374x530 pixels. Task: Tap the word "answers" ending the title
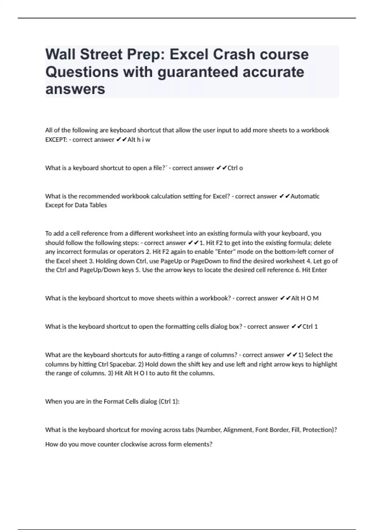pos(75,89)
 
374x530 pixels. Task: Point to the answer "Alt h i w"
pos(139,140)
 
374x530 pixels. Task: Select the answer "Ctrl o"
pos(235,168)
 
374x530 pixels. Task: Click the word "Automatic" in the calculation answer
pos(305,196)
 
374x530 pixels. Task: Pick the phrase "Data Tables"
pos(91,205)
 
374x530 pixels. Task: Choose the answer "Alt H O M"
pos(304,298)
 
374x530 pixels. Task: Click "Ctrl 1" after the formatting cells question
pos(310,327)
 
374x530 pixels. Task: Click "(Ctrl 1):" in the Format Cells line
pos(169,402)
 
